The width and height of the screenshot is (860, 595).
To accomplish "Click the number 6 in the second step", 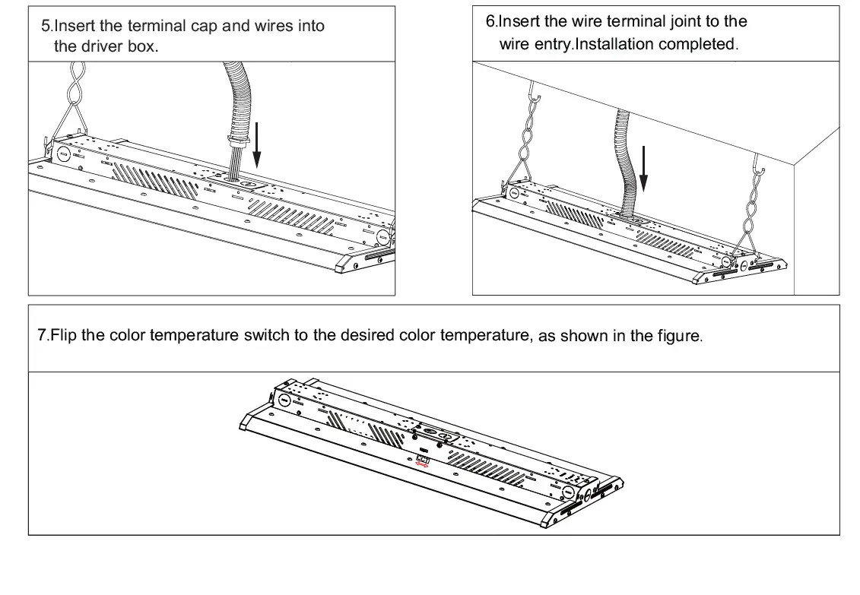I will (x=490, y=22).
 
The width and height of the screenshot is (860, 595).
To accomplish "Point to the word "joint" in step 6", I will (x=673, y=22).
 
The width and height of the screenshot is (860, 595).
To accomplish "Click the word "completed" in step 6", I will (x=698, y=44).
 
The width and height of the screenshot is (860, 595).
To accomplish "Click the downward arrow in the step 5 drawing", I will (x=256, y=144).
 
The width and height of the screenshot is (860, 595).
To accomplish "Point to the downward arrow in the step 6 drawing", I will (x=644, y=168).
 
